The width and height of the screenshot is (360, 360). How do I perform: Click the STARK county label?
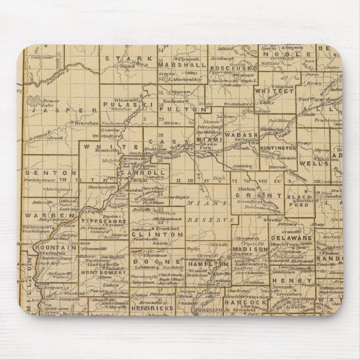tap(124, 58)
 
